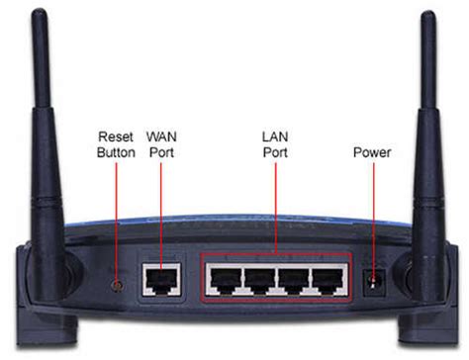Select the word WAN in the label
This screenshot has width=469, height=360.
pyautogui.click(x=162, y=135)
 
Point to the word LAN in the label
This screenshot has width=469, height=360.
pyautogui.click(x=274, y=135)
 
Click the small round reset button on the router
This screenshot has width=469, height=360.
pyautogui.click(x=115, y=283)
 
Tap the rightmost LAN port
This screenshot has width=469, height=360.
pyautogui.click(x=328, y=280)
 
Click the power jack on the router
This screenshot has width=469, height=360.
pyautogui.click(x=374, y=281)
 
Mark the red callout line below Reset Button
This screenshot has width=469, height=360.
pyautogui.click(x=115, y=218)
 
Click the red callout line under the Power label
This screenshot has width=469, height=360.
pyautogui.click(x=374, y=213)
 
